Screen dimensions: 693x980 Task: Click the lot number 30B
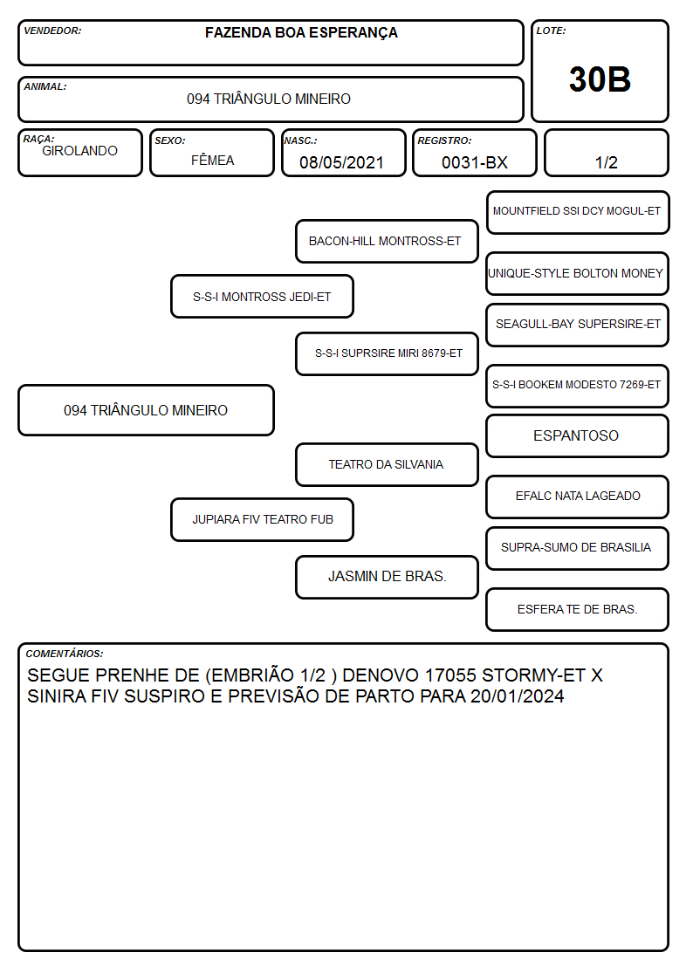click(600, 79)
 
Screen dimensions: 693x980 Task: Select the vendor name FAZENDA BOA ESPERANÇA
click(301, 33)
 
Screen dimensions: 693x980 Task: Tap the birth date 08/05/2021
click(341, 162)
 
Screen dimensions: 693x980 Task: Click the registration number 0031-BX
click(474, 162)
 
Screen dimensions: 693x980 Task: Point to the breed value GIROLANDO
click(79, 151)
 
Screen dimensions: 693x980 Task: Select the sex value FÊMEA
click(212, 161)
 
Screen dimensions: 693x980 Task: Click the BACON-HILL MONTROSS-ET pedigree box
click(387, 241)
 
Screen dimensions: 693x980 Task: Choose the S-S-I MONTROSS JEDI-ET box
click(262, 297)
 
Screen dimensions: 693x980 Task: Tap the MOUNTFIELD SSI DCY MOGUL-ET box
click(578, 213)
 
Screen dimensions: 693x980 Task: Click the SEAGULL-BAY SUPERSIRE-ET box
click(578, 325)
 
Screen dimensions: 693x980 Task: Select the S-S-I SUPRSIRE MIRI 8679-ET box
click(387, 353)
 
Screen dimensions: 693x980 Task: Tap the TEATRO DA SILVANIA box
click(387, 465)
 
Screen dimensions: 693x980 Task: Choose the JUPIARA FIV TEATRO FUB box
click(262, 520)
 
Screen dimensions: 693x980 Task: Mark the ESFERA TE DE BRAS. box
click(578, 609)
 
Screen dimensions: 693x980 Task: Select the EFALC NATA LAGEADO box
click(578, 497)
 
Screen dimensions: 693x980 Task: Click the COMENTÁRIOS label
click(65, 654)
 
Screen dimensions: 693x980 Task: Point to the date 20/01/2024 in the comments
click(518, 696)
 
